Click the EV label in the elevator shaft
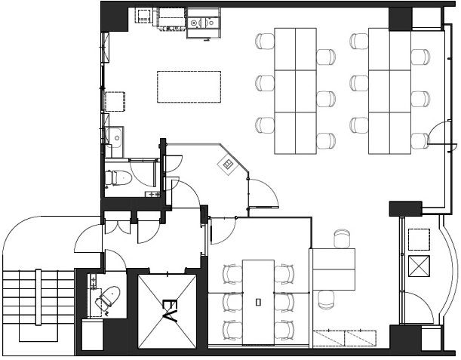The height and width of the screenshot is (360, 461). [x=170, y=311]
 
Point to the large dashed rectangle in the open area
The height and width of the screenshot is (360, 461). [x=189, y=87]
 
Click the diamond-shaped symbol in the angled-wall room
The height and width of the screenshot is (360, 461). [x=228, y=165]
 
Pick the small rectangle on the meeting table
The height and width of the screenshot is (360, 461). [x=258, y=302]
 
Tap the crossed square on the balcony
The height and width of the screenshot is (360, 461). [x=419, y=266]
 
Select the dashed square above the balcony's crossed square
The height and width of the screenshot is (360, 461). [x=419, y=239]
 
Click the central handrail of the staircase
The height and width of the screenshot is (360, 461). [x=38, y=297]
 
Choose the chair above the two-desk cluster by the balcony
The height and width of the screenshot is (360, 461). [x=342, y=238]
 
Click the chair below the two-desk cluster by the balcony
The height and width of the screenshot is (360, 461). [x=326, y=300]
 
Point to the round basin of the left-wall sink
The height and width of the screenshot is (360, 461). [x=117, y=137]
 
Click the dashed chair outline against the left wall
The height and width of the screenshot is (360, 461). [x=115, y=101]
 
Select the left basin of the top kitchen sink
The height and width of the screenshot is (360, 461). [x=194, y=23]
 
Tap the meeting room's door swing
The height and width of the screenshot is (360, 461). [x=223, y=232]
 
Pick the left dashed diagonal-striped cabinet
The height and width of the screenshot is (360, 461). [x=328, y=338]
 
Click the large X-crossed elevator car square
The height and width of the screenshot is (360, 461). [x=167, y=312]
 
